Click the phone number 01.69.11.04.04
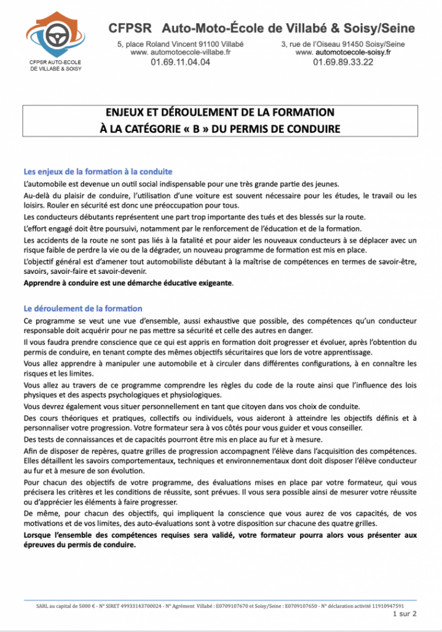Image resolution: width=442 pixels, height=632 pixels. (180, 62)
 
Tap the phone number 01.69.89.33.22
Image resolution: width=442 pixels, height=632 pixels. (343, 62)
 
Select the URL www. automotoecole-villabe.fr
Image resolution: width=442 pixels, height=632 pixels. (180, 53)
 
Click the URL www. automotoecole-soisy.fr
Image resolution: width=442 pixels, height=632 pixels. (343, 53)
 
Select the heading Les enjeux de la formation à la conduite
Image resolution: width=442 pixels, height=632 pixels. (98, 171)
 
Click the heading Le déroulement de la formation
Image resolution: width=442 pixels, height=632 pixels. (82, 308)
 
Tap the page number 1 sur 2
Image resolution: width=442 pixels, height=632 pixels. (404, 614)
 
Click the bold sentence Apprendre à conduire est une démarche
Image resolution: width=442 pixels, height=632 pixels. (128, 283)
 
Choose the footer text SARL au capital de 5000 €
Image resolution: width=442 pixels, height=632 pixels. (63, 606)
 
